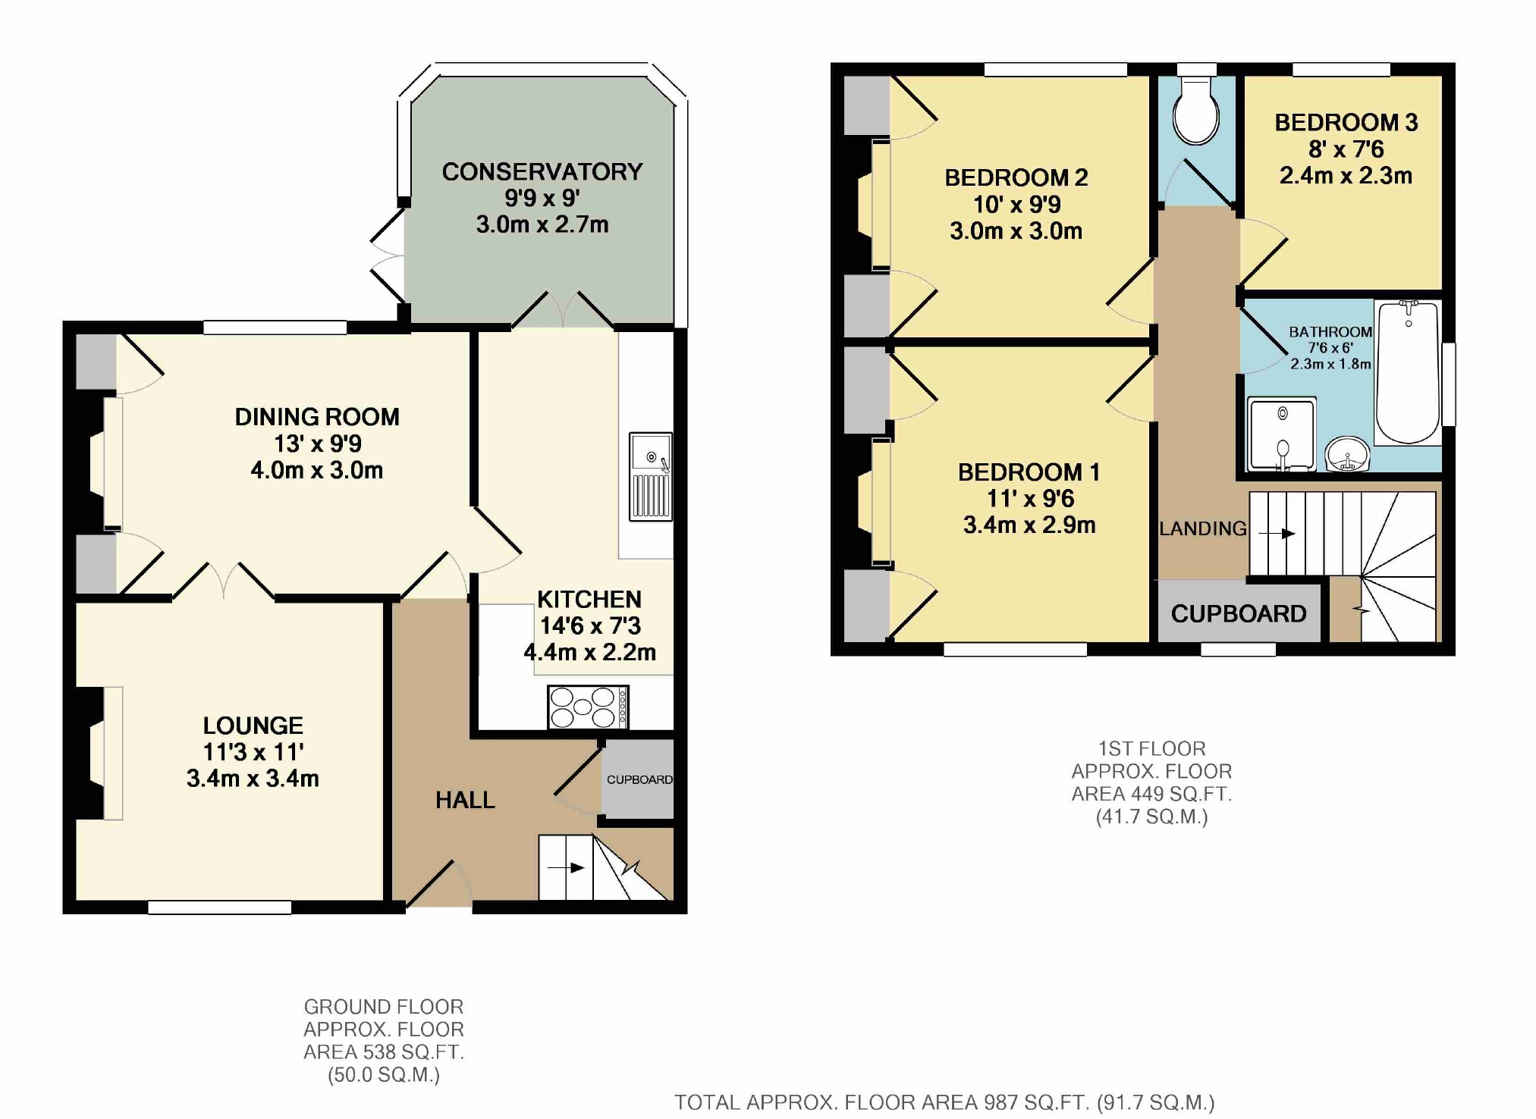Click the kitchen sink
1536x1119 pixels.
point(650,476)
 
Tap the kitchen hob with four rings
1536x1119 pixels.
point(587,707)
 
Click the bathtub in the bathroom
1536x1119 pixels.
point(1408,373)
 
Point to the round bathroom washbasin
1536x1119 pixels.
point(1348,455)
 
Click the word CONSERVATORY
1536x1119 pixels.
point(542,172)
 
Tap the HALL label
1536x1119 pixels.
point(465,800)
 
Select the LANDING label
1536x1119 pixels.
point(1202,528)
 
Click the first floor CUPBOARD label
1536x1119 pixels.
point(1238,613)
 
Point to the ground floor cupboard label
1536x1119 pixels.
point(639,779)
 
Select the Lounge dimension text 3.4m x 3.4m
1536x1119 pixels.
point(253,779)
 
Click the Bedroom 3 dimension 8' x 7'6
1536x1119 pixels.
point(1346,149)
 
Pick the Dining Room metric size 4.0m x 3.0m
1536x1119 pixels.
point(316,470)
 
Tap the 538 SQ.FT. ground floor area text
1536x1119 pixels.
point(383,1052)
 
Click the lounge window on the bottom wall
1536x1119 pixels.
point(219,907)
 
